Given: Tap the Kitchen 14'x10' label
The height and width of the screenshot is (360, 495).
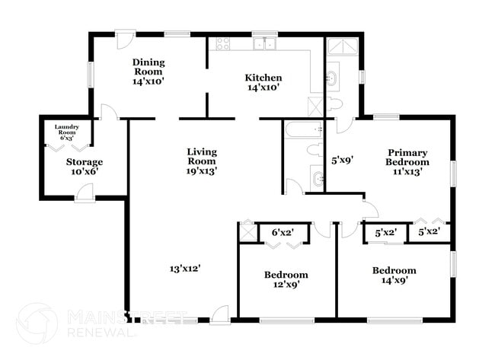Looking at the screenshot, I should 263,82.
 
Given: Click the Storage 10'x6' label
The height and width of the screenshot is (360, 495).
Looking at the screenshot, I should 84,167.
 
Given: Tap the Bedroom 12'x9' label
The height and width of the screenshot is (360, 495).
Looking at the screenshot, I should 286,279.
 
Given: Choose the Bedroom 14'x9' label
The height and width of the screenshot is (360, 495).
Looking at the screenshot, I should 394,276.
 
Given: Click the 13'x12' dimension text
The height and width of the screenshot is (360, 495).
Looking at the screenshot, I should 185,267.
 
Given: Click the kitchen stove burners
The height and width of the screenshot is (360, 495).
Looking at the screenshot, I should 222,43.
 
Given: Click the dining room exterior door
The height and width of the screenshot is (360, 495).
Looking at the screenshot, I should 124,37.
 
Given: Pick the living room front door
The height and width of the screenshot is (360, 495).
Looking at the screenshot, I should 220,314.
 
